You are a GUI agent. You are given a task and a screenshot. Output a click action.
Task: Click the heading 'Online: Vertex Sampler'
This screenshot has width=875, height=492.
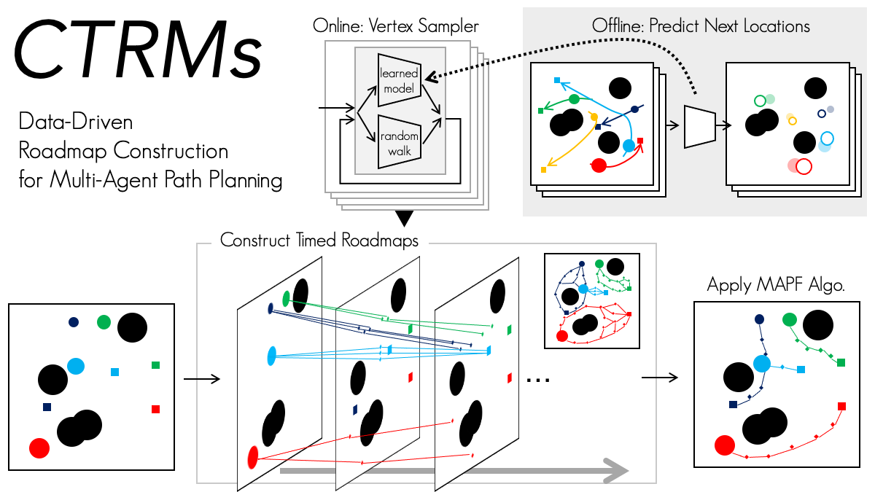(396, 26)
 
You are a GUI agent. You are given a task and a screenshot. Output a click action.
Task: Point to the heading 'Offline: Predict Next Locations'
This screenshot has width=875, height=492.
(699, 26)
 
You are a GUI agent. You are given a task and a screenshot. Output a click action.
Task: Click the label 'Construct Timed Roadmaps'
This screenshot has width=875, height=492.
(319, 241)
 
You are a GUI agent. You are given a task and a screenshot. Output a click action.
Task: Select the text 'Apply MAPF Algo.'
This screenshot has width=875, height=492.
(775, 285)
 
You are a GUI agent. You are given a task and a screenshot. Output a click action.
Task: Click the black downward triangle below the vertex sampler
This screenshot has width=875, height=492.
(403, 217)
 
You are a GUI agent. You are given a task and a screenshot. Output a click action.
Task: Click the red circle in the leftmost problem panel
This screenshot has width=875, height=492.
(39, 448)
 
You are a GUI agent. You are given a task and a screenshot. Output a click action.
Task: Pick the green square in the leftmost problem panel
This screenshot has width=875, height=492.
(155, 364)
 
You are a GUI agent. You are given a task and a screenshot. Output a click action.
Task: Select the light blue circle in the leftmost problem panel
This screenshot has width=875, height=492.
(75, 366)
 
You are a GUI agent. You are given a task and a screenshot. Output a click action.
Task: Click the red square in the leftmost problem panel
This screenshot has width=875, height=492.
(155, 409)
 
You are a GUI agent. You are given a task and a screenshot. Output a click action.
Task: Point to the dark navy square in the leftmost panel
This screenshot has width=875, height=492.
(47, 407)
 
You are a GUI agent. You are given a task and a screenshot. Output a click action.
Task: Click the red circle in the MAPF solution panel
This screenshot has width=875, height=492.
(724, 444)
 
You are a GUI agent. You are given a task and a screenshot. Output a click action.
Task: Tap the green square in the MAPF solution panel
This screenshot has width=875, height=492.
(841, 362)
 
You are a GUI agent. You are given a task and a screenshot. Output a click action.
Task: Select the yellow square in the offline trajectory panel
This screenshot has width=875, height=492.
(544, 170)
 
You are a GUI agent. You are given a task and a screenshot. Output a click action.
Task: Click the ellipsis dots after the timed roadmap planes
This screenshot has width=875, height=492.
(537, 380)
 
